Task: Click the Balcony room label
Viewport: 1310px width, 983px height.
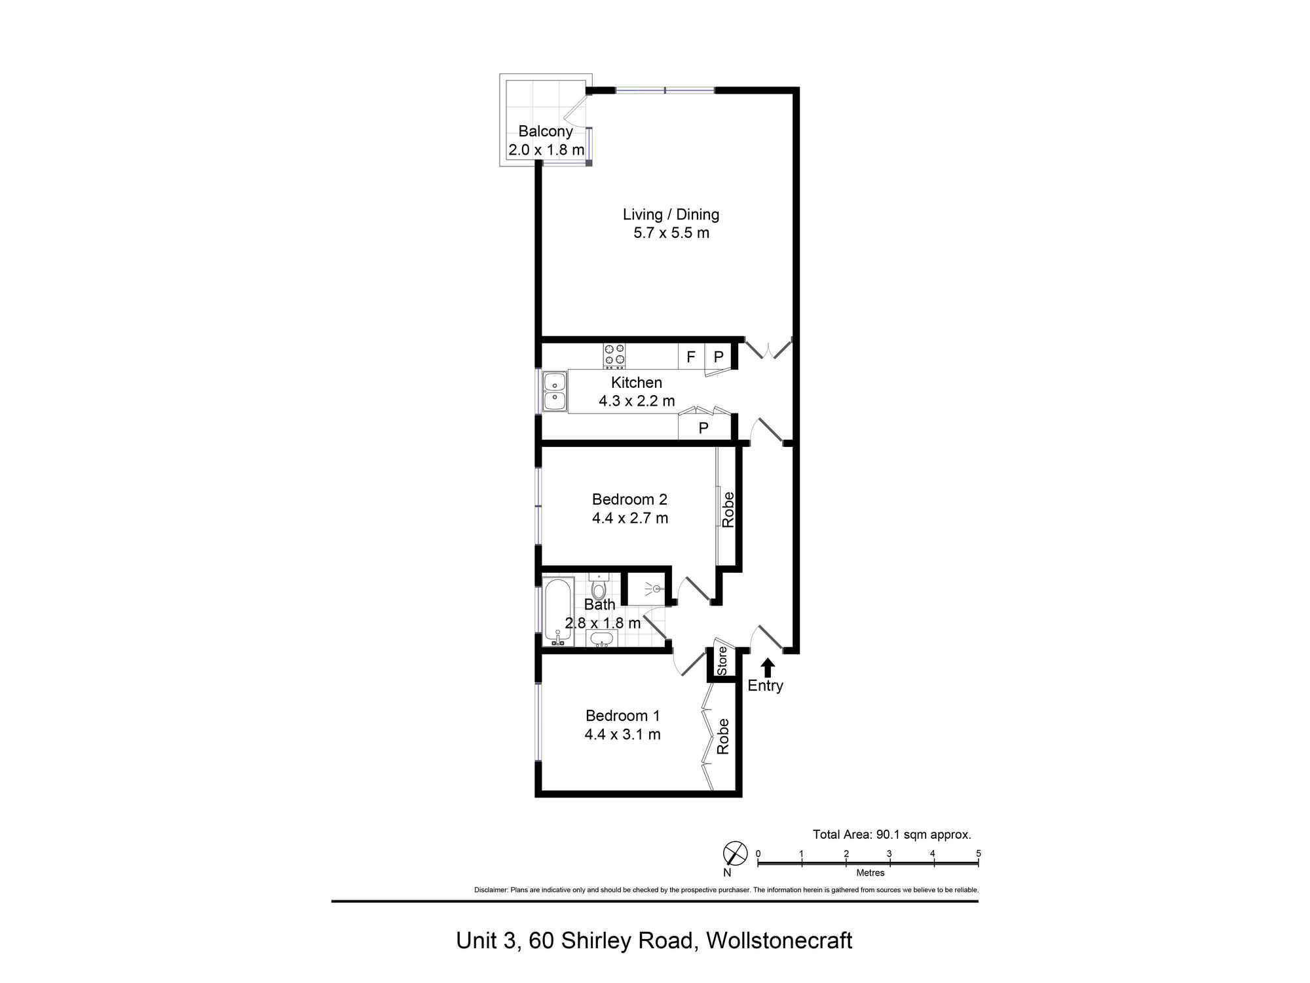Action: pos(545,131)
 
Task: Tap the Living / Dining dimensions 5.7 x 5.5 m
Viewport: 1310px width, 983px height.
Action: pos(671,233)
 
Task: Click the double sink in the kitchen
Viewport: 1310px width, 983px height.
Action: pos(554,391)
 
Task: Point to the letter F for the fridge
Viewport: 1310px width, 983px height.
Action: pos(690,357)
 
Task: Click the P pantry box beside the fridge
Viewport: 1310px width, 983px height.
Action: pos(719,357)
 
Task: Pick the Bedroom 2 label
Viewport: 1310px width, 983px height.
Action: pos(629,499)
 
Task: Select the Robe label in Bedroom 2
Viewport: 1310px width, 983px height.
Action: pos(728,510)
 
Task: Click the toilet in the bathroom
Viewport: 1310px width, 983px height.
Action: pos(598,587)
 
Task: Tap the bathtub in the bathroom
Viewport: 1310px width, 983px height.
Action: pos(558,611)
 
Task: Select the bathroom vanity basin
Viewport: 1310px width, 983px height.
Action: pos(601,638)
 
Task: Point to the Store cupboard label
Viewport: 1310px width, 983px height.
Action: pos(722,661)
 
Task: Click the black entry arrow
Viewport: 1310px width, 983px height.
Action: pos(768,668)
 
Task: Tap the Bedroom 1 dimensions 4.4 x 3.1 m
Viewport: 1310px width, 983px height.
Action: pos(622,735)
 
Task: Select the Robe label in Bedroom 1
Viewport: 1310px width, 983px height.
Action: pos(722,737)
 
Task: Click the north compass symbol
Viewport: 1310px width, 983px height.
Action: pos(735,853)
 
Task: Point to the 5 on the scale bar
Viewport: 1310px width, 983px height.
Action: pos(978,853)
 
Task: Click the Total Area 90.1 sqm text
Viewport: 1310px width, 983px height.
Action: pos(891,834)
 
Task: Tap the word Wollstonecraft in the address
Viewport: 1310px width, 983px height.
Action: pos(779,940)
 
